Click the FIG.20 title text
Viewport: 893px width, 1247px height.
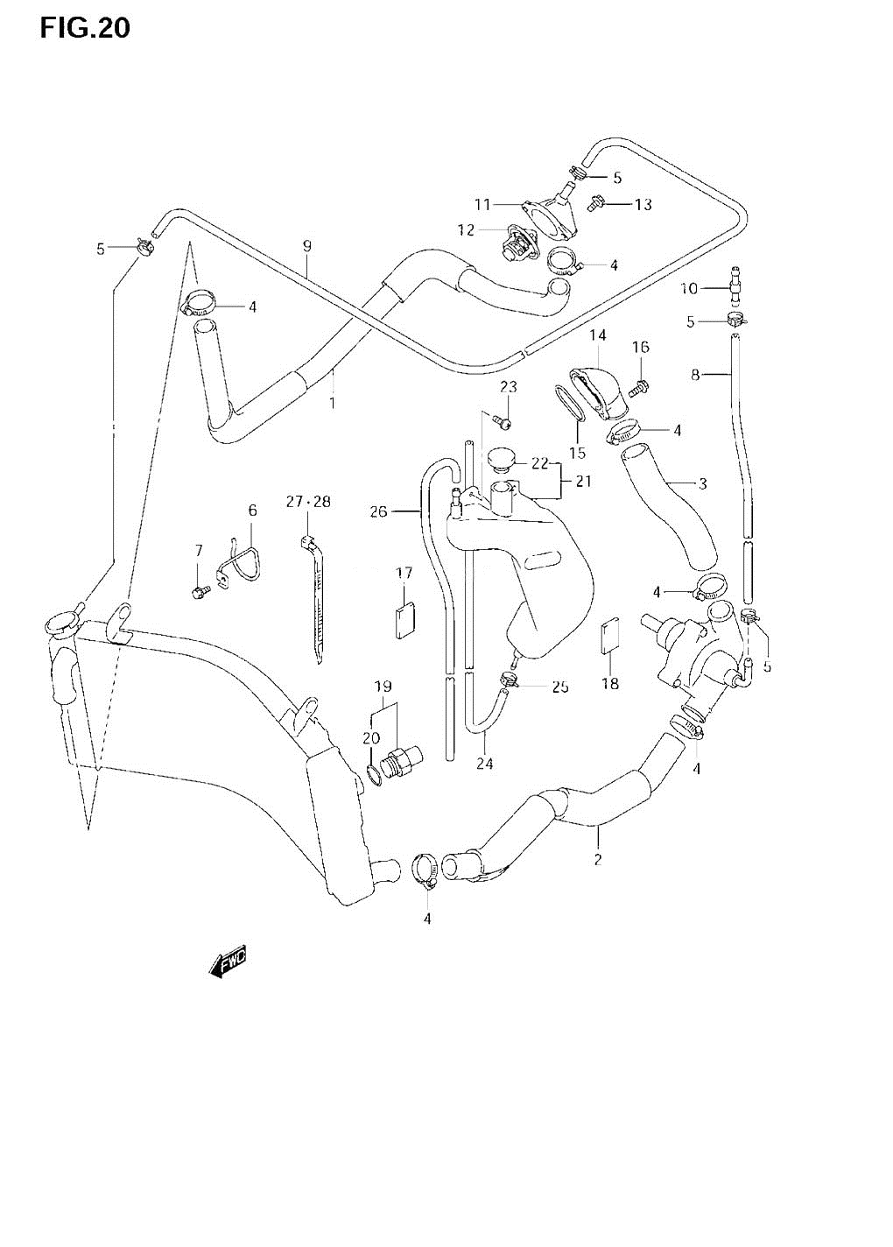84,28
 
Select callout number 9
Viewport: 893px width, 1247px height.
307,247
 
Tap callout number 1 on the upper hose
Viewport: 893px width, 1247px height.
332,404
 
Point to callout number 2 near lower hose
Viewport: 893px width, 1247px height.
598,859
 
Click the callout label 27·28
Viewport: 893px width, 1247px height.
308,502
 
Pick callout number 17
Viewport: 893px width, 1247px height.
404,574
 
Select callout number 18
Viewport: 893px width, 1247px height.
610,683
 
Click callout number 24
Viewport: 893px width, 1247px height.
484,763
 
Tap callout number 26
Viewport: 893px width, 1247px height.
377,511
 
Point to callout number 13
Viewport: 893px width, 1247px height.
643,205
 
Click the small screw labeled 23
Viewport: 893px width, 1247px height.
502,424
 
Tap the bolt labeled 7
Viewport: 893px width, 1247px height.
198,593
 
